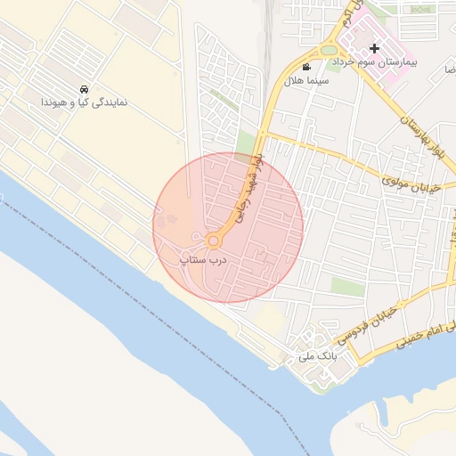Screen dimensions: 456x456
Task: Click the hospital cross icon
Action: tap(375, 48)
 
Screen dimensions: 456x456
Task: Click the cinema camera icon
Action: tap(306, 68)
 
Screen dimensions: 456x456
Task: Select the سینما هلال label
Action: tap(306, 80)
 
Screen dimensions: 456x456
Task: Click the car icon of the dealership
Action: tap(84, 89)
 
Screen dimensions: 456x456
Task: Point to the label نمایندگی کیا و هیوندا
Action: tap(84, 102)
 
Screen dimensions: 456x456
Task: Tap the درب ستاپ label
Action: tap(205, 259)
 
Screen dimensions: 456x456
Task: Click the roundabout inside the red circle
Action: tap(214, 241)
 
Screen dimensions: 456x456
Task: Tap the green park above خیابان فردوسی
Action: tap(347, 287)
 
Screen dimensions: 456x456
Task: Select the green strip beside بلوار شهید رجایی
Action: tap(246, 142)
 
